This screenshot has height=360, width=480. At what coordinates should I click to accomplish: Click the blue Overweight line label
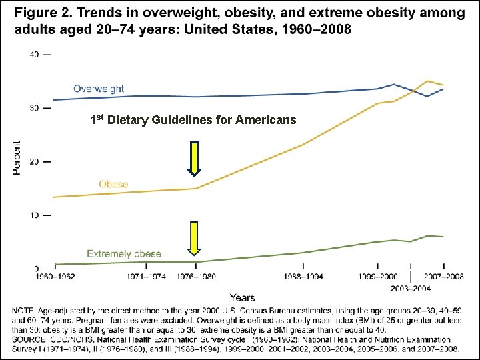(99, 89)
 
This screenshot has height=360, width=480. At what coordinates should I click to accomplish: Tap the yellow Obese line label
(113, 184)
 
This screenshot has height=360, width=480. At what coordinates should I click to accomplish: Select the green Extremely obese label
(124, 253)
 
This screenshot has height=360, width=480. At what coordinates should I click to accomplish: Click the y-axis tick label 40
(33, 54)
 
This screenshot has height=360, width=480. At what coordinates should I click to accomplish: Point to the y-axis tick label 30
(33, 108)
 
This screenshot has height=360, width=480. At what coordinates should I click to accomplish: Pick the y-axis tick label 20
(33, 162)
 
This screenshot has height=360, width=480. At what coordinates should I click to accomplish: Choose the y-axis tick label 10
(33, 216)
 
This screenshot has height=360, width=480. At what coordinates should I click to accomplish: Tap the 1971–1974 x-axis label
(145, 275)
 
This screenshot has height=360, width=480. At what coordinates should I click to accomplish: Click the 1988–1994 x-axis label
(304, 275)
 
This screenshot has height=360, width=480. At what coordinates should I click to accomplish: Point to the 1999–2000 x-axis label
(379, 275)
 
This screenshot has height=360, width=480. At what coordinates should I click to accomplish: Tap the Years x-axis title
(242, 297)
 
